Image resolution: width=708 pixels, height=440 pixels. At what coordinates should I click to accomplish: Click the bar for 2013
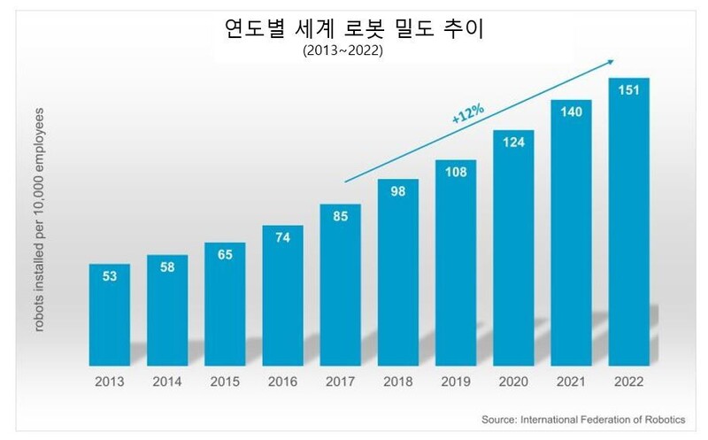click(110, 314)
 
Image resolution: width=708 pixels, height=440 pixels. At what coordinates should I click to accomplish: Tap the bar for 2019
click(456, 262)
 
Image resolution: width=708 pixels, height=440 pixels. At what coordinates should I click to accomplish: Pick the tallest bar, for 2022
click(628, 221)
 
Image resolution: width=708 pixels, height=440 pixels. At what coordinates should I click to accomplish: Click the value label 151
click(628, 95)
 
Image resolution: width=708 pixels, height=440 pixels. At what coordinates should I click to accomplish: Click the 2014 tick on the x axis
click(167, 382)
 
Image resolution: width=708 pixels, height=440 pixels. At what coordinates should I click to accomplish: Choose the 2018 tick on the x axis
click(398, 382)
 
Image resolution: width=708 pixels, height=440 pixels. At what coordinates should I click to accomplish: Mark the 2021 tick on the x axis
click(571, 382)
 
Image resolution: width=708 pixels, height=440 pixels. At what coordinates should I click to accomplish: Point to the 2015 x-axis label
click(225, 382)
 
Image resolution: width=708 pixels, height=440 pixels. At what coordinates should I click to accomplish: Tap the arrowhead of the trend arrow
click(612, 61)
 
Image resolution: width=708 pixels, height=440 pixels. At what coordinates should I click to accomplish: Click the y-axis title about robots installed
click(42, 221)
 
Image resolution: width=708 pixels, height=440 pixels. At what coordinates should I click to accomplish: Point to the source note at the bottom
click(589, 418)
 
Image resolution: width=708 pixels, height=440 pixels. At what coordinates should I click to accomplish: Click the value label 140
click(571, 116)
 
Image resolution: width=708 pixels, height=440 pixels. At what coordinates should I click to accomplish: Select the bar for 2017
click(340, 283)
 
